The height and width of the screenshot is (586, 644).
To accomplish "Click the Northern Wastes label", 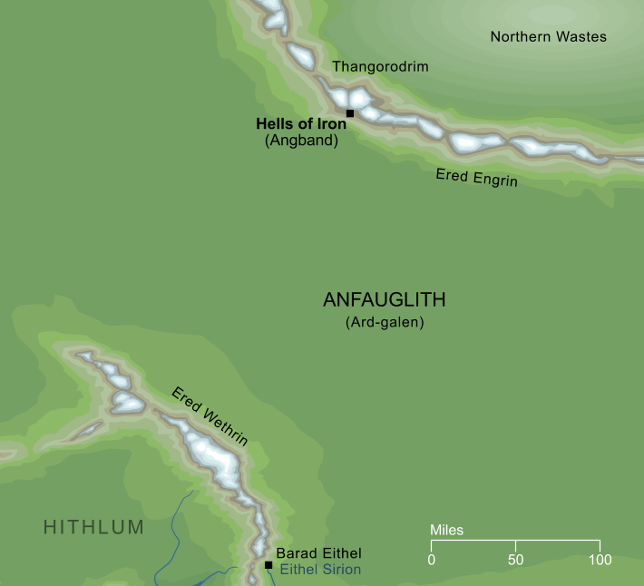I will click(548, 37).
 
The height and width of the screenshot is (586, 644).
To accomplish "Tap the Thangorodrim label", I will click(380, 67).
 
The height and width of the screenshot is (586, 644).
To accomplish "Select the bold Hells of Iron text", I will click(301, 124).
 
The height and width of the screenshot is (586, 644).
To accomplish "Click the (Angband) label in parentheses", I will click(301, 142).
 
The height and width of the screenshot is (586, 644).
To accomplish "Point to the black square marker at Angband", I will click(350, 113).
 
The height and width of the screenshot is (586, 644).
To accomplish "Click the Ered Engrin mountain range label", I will click(476, 177).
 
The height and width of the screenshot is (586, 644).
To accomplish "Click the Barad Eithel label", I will click(318, 553).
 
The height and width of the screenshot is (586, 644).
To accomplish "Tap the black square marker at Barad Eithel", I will click(268, 565).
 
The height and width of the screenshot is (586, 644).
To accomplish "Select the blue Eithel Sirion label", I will click(320, 571).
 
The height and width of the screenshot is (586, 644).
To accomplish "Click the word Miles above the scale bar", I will click(446, 530).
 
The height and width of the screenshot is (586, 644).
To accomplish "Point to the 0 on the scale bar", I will click(431, 559).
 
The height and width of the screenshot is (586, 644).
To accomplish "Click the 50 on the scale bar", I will click(515, 559).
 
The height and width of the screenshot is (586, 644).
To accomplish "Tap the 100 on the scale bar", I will click(599, 559).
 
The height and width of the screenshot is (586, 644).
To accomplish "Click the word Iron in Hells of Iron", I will click(330, 124).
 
